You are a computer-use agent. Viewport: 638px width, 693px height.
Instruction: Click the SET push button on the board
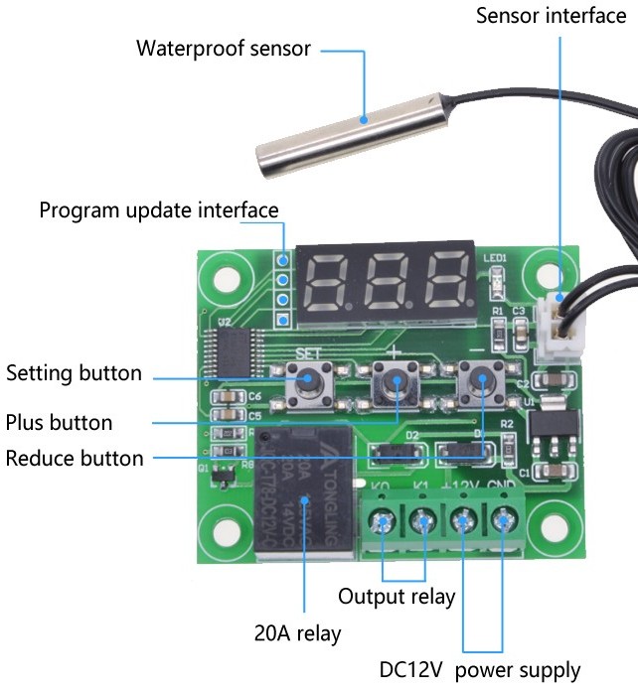coord(308,381)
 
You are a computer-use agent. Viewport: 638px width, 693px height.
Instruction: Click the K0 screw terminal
coord(383,520)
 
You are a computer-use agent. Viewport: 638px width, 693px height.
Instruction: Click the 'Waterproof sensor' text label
coord(223,48)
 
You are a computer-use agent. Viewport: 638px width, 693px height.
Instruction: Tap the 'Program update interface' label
coord(159,210)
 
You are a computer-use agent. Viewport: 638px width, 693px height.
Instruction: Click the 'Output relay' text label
coord(397,597)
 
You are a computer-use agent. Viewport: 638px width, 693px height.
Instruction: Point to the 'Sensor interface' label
coord(551,16)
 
